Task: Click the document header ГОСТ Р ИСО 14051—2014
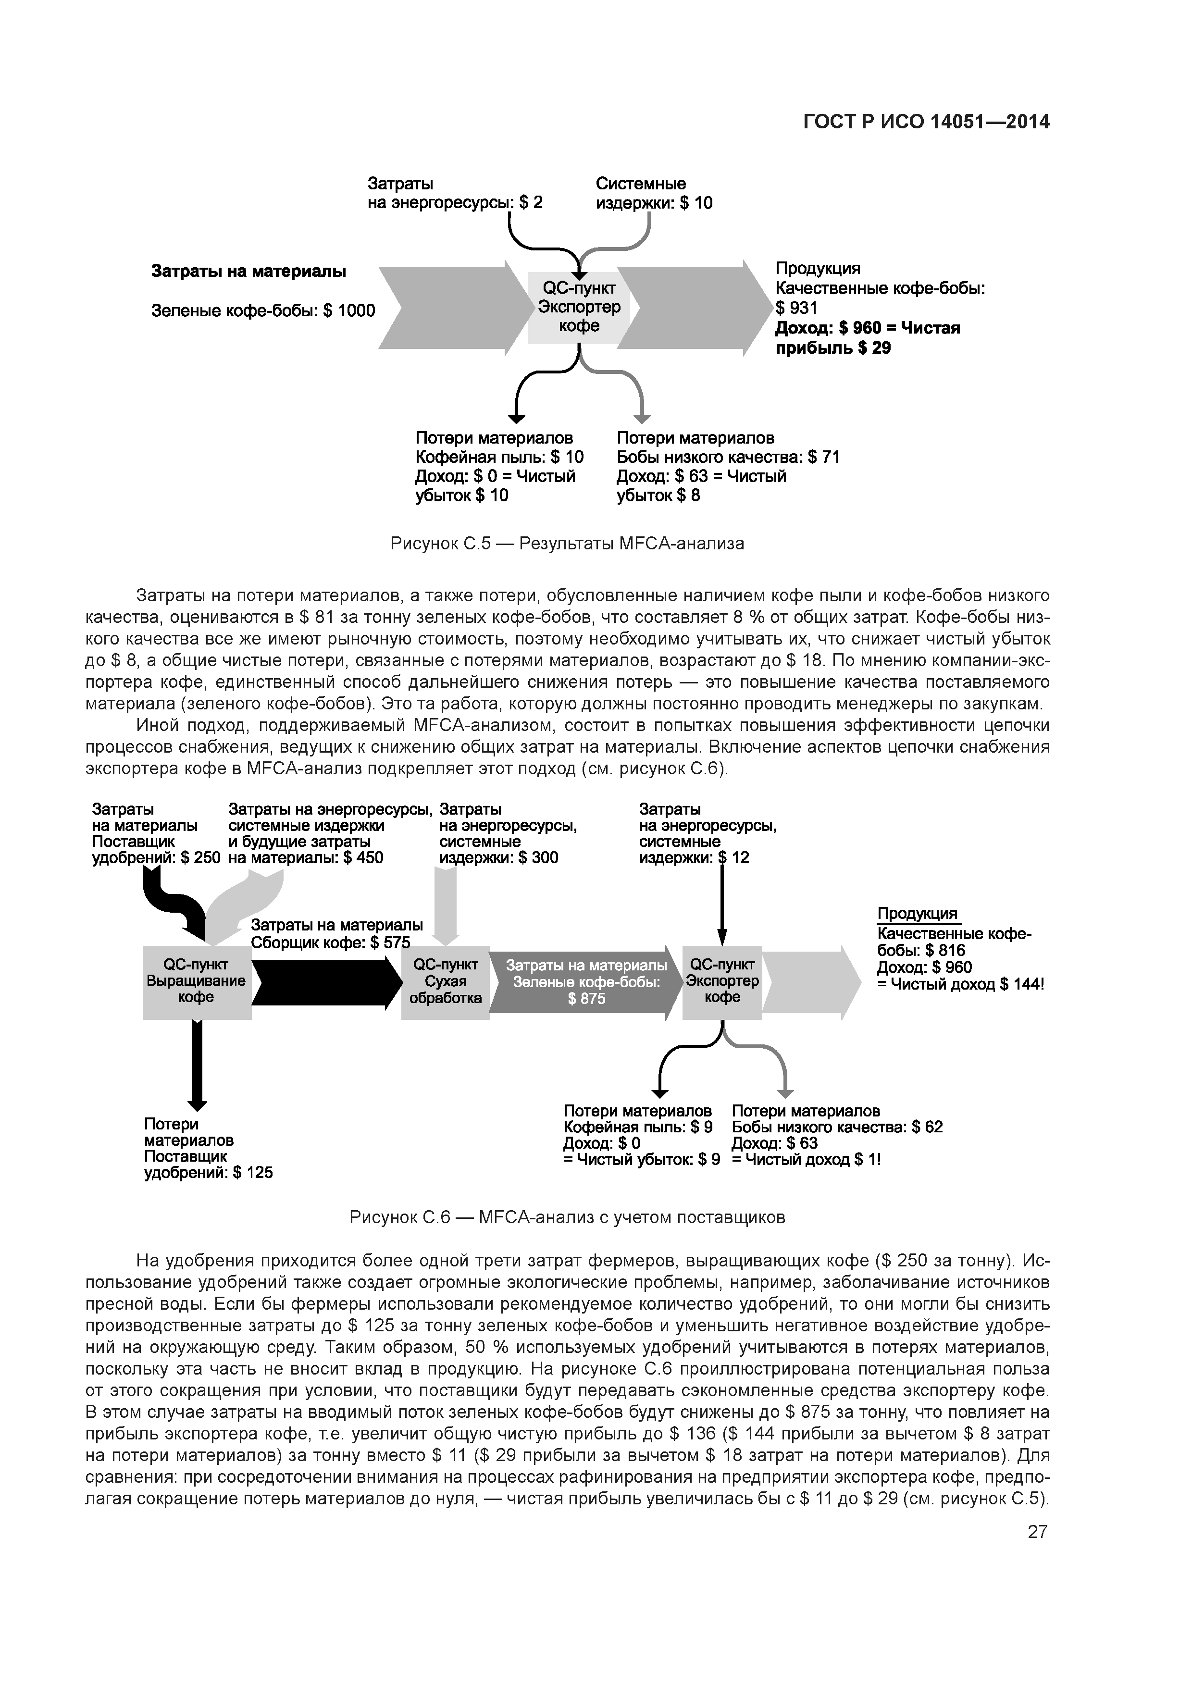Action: coord(926,122)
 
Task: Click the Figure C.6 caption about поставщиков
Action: coord(567,1217)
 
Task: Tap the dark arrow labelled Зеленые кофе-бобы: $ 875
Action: coord(584,982)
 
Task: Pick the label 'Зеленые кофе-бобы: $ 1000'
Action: coord(263,310)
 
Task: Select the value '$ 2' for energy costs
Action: coord(531,203)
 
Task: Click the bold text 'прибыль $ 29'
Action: coord(833,348)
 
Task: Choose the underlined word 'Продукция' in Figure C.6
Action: coord(918,914)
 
